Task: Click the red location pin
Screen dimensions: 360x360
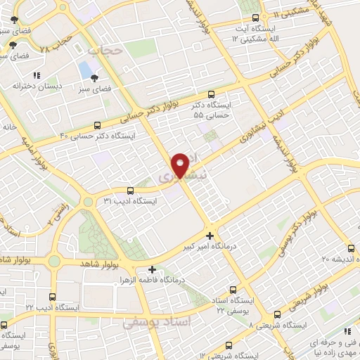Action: pyautogui.click(x=181, y=165)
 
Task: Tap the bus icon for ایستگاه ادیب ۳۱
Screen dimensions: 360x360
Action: pyautogui.click(x=130, y=191)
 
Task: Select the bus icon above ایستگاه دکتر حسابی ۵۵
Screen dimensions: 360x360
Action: pyautogui.click(x=212, y=94)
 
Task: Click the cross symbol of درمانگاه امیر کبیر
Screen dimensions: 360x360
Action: pyautogui.click(x=210, y=236)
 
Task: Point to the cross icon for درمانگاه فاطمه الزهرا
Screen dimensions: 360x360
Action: pyautogui.click(x=152, y=269)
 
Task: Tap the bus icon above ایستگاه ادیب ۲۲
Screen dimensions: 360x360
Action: pyautogui.click(x=54, y=297)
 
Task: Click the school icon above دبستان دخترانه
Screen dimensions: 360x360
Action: pyautogui.click(x=37, y=75)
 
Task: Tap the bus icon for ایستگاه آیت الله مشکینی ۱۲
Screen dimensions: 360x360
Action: pyautogui.click(x=255, y=17)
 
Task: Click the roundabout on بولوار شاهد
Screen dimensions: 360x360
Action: pyautogui.click(x=54, y=262)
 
